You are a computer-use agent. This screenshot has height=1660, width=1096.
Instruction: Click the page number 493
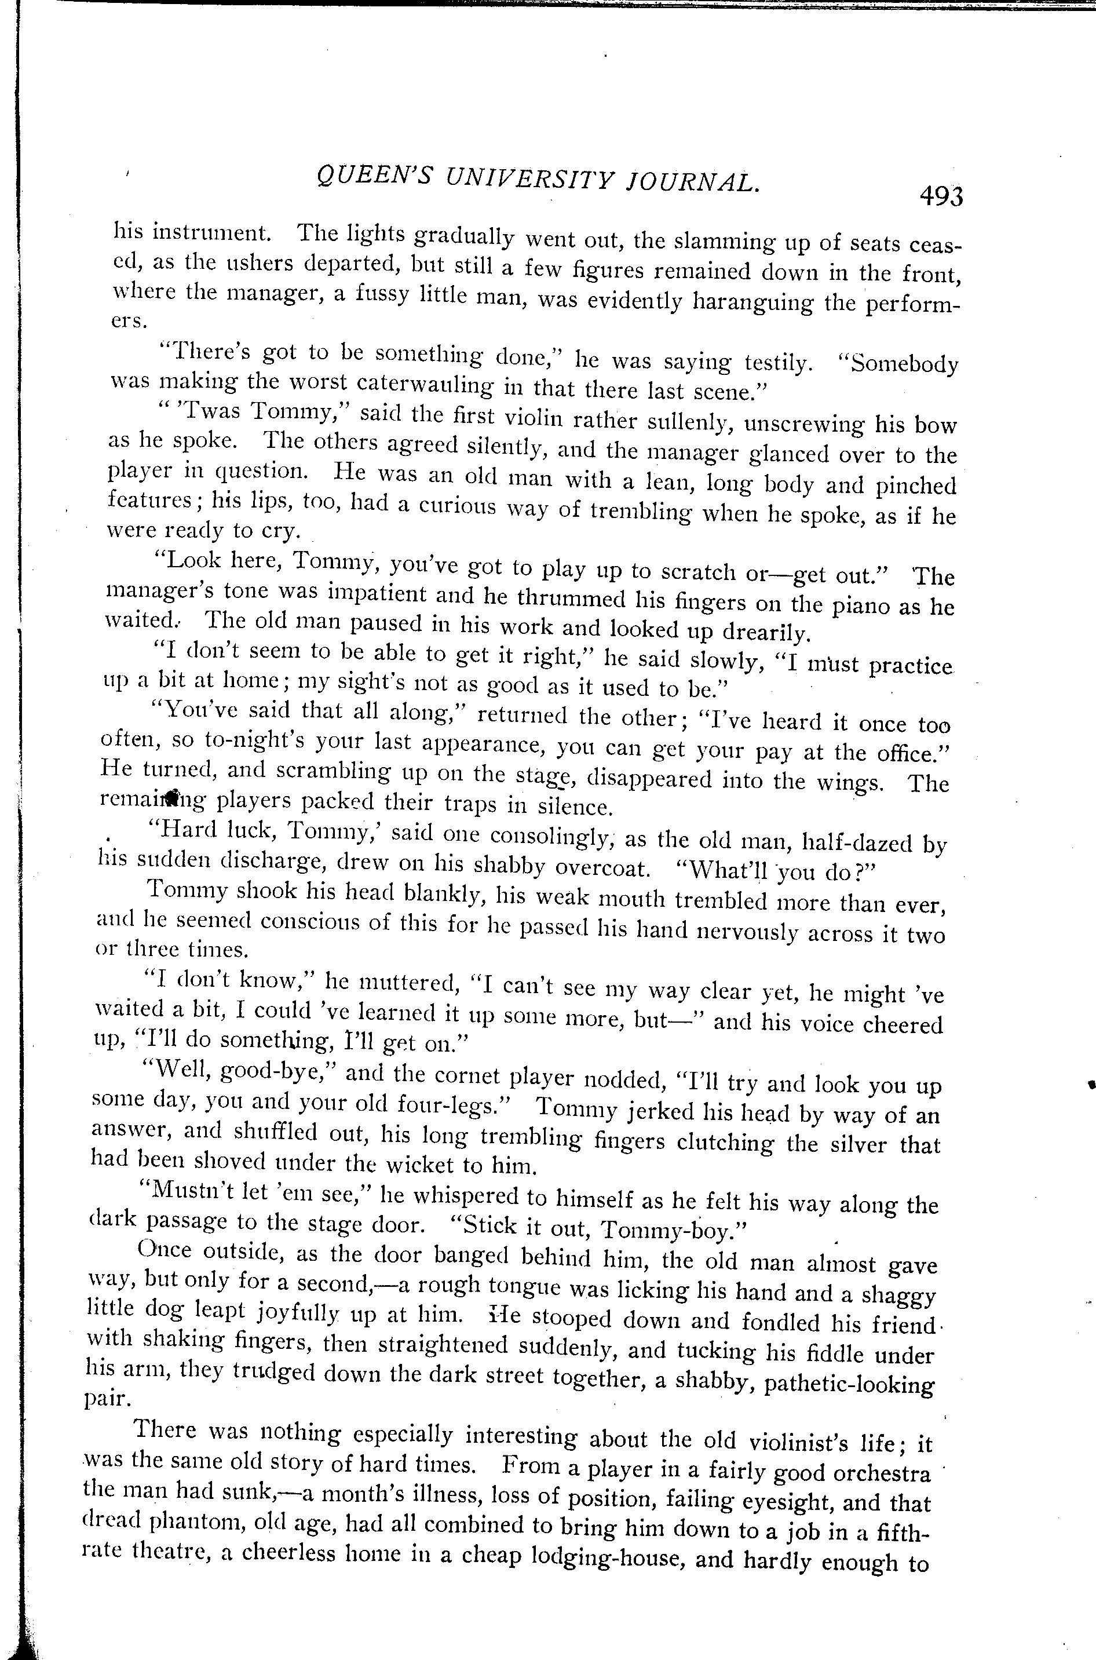pyautogui.click(x=941, y=196)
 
